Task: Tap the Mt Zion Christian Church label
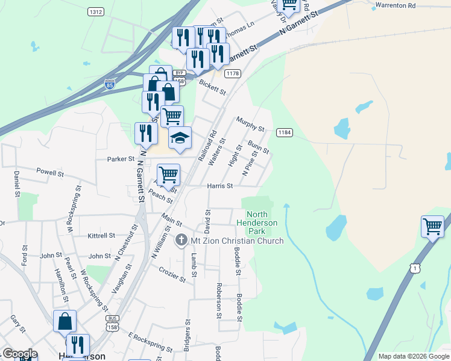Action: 237,241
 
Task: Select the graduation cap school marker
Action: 179,138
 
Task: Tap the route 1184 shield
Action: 285,132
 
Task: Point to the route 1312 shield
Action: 95,11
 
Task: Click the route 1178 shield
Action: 232,73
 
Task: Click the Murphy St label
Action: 250,124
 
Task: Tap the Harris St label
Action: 220,186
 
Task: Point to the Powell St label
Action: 50,173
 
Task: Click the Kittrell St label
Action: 101,235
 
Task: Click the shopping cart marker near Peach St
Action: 168,174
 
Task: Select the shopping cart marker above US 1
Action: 432,227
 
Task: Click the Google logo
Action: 19,354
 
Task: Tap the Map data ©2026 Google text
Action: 414,356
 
